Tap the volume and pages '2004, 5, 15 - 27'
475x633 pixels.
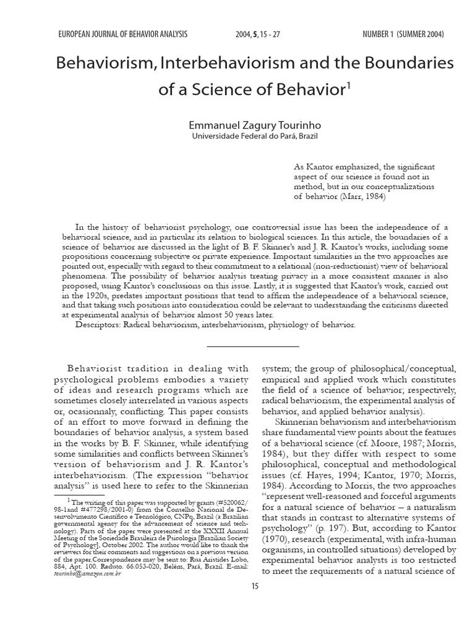pos(259,34)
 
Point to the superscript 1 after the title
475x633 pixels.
pos(348,85)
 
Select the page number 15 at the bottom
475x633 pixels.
pos(254,585)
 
